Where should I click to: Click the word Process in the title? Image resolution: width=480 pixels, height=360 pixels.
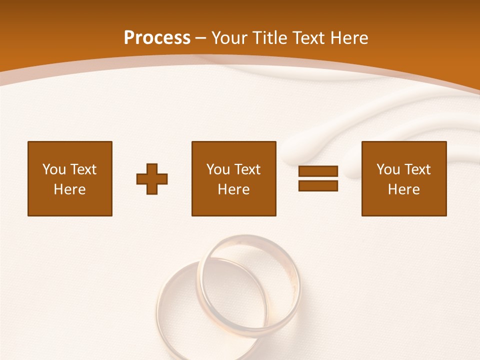point(157,38)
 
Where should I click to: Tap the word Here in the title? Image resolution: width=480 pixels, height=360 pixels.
point(350,38)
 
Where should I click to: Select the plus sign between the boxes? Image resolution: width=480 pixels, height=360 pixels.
point(152,178)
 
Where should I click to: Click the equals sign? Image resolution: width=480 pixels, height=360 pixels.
point(318,178)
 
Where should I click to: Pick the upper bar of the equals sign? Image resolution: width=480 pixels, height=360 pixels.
point(318,171)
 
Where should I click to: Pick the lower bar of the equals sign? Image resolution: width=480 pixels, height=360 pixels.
point(318,185)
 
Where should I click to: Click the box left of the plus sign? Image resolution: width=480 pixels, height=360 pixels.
point(70,178)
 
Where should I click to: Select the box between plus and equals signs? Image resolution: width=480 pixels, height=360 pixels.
point(234,178)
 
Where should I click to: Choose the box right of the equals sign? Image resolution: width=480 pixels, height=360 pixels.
point(404,178)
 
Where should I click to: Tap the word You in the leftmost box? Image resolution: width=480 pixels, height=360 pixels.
point(54,169)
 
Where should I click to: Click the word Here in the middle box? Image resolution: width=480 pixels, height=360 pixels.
point(234,189)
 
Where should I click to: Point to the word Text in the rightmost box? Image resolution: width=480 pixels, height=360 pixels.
point(417,169)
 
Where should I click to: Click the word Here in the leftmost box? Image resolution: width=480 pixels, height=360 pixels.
point(70,189)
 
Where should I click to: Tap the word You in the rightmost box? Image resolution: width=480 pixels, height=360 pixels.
point(388,169)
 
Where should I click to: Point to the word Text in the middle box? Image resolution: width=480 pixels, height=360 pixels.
point(247,169)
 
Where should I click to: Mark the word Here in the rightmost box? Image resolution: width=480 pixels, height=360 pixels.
point(404,189)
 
